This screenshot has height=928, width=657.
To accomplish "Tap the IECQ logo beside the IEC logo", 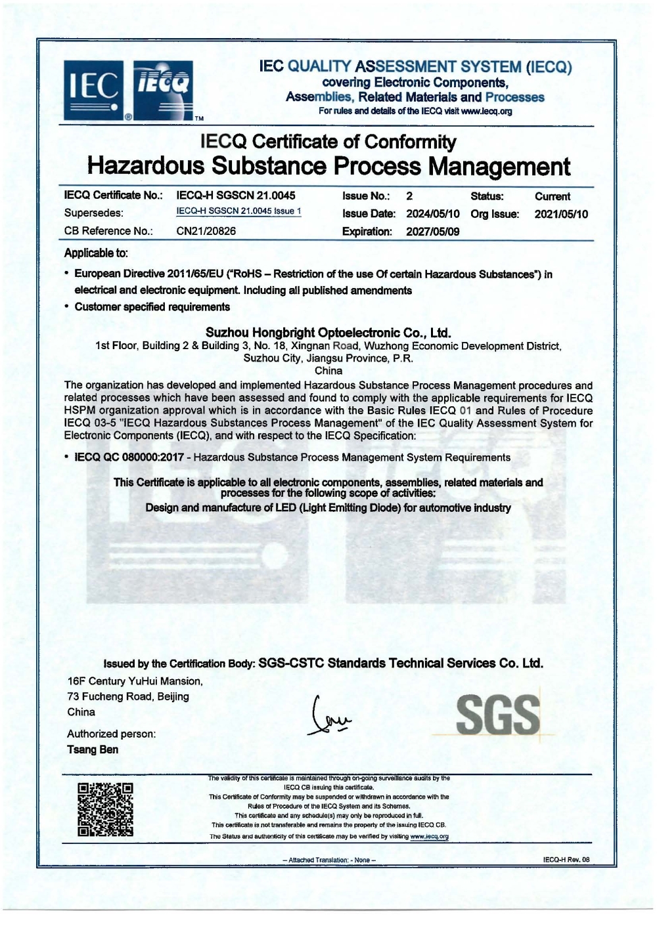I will tap(163, 89).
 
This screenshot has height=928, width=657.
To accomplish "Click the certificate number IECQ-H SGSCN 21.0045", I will tap(236, 196).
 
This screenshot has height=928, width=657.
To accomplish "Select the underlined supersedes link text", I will tap(238, 211).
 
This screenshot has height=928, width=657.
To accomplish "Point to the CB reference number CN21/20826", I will tap(206, 231).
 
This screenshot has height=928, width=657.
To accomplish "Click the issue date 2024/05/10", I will tap(433, 214).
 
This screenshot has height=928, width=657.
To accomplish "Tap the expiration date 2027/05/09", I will tap(433, 232).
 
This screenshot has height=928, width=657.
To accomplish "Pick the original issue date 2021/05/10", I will tap(561, 214).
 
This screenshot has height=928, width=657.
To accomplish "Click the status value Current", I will tap(552, 196).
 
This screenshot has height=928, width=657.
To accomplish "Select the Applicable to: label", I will tap(96, 253).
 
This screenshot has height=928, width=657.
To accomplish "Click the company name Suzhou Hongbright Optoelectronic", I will tap(328, 333).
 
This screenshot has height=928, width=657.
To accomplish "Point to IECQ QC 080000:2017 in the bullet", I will tap(129, 457).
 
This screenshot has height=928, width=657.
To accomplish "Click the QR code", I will tap(105, 809).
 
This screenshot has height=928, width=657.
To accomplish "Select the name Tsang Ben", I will tap(93, 749).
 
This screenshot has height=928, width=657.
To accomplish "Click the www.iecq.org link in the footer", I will tap(429, 837).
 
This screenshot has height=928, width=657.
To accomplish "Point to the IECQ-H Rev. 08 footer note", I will tap(566, 860).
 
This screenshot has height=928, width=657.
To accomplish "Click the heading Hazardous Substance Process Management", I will tap(328, 167).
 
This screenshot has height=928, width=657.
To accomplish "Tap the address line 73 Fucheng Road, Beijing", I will tap(128, 696).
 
